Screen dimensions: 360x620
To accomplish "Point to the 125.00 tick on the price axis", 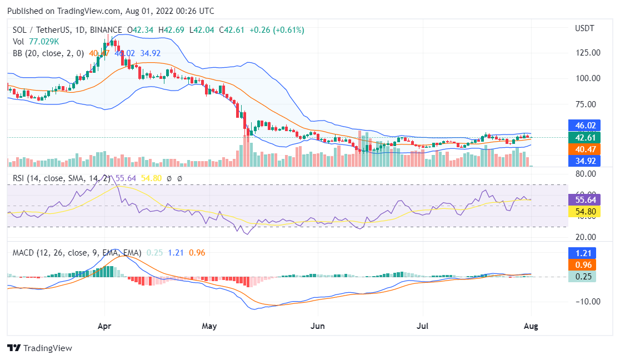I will (x=587, y=53).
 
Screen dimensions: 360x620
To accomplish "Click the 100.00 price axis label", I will (x=587, y=78).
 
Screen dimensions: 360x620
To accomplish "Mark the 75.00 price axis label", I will (x=587, y=104).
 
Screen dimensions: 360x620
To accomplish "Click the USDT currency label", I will (x=584, y=28).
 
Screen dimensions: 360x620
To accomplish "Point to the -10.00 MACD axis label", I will (x=587, y=302).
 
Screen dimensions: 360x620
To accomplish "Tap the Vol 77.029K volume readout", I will (x=36, y=41).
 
